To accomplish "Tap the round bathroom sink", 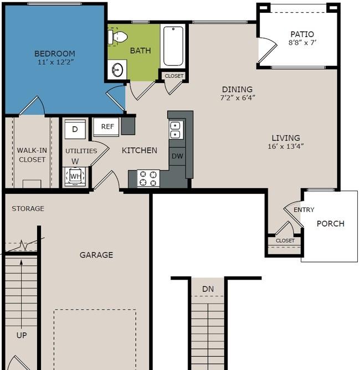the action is pyautogui.click(x=117, y=70).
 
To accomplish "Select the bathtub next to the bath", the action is pyautogui.click(x=173, y=46).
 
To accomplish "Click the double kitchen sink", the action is pyautogui.click(x=175, y=130).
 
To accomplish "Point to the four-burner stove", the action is pyautogui.click(x=148, y=178).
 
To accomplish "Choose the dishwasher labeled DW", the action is pyautogui.click(x=177, y=156).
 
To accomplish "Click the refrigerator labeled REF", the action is pyautogui.click(x=106, y=127).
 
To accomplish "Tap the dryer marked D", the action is pyautogui.click(x=75, y=129).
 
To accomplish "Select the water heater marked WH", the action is pyautogui.click(x=75, y=176).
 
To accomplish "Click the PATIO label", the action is pyautogui.click(x=302, y=34).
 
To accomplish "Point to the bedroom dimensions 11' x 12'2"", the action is pyautogui.click(x=56, y=62).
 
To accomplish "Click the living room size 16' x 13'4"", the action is pyautogui.click(x=286, y=146).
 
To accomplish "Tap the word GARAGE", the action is pyautogui.click(x=96, y=255).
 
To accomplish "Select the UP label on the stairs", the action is pyautogui.click(x=22, y=335).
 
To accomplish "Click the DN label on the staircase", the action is pyautogui.click(x=208, y=289).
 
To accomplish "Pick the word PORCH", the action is pyautogui.click(x=331, y=223).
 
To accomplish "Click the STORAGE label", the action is pyautogui.click(x=28, y=209).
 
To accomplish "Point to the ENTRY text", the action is pyautogui.click(x=304, y=209).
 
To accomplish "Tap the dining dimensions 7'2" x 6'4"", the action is pyautogui.click(x=238, y=97).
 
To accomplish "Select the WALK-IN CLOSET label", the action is pyautogui.click(x=32, y=155).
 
